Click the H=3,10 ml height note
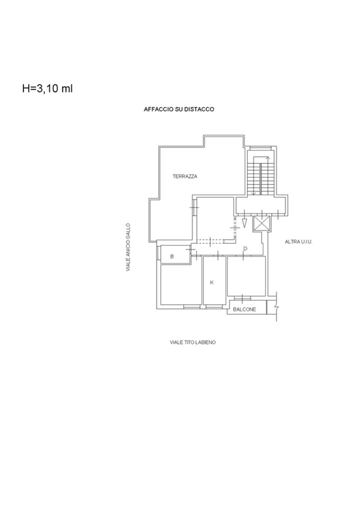tap(47, 88)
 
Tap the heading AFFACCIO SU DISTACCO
tap(179, 109)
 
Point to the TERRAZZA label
tap(185, 176)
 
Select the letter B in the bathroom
tap(172, 257)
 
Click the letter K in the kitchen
tap(212, 283)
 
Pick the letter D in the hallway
tap(245, 248)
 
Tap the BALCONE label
tap(245, 310)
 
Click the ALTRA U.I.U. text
tap(298, 242)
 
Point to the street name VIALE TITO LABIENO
tap(193, 343)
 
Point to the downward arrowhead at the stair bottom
tap(253, 194)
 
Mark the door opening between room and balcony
tap(242, 298)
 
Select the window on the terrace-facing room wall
tap(194, 207)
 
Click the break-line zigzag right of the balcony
tap(277, 306)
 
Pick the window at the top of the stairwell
tap(260, 148)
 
